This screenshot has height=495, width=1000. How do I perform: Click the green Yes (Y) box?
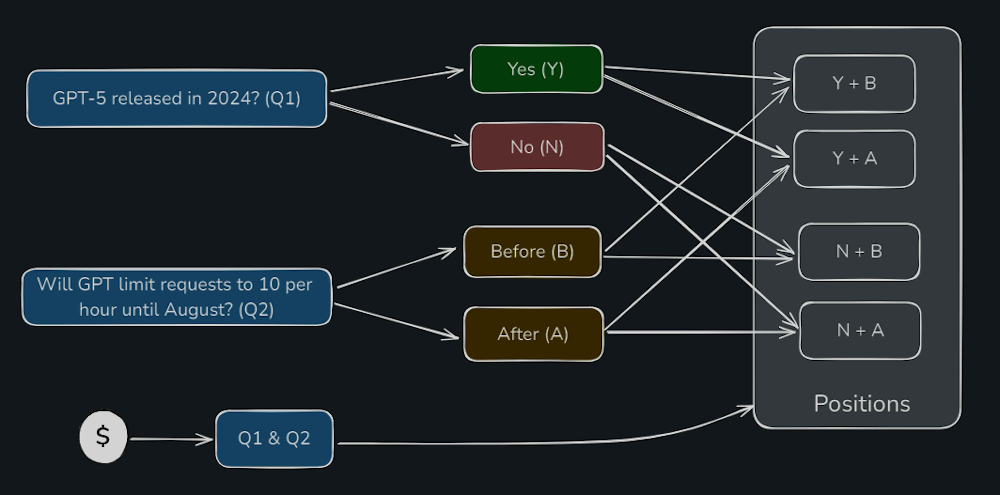coord(536,69)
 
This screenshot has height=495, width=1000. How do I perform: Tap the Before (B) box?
coord(532,251)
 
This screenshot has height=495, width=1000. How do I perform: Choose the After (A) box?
coord(533,334)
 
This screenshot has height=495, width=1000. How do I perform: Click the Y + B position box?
coord(854,83)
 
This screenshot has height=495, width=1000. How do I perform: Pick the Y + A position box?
coord(854,159)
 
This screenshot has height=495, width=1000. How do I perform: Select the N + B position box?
coord(859,251)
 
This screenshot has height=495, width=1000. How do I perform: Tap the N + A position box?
coord(860,331)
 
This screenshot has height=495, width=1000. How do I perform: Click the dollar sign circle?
coord(103,437)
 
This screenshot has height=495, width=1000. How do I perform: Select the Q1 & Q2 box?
coord(274,439)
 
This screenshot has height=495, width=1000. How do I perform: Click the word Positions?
coord(862,404)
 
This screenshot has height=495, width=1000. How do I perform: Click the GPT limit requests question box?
coord(177,297)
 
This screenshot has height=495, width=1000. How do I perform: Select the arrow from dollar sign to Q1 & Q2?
coord(171,439)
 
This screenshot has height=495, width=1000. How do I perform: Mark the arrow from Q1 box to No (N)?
coord(399,124)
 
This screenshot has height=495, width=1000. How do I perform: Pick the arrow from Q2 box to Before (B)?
coord(396,268)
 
